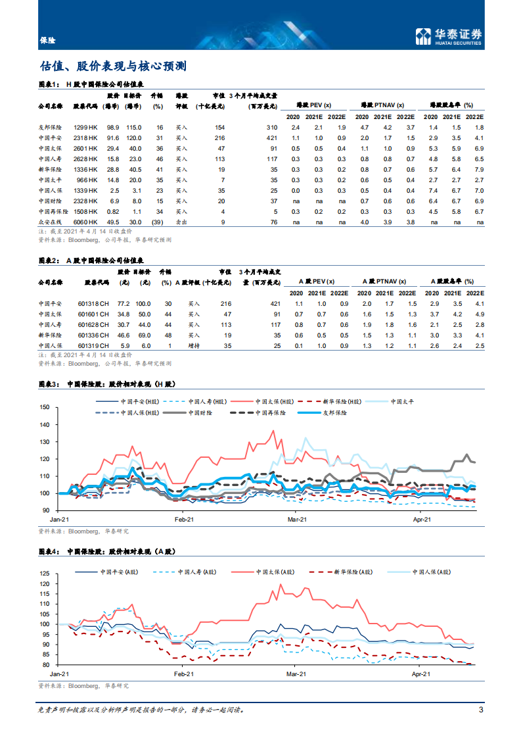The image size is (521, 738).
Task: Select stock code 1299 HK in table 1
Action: click(86, 127)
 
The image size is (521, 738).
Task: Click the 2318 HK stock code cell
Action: click(86, 137)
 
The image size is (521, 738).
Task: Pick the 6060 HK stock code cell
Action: click(86, 223)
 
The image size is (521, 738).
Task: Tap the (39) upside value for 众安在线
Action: click(157, 223)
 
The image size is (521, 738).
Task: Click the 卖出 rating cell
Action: click(181, 223)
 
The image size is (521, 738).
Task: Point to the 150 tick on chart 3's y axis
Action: click(45, 408)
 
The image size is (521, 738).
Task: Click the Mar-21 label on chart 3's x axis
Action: click(297, 520)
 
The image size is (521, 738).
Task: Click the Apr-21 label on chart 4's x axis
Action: click(420, 674)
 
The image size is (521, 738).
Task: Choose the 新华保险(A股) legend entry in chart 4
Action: click(338, 572)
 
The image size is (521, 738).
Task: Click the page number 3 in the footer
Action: click(482, 710)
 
